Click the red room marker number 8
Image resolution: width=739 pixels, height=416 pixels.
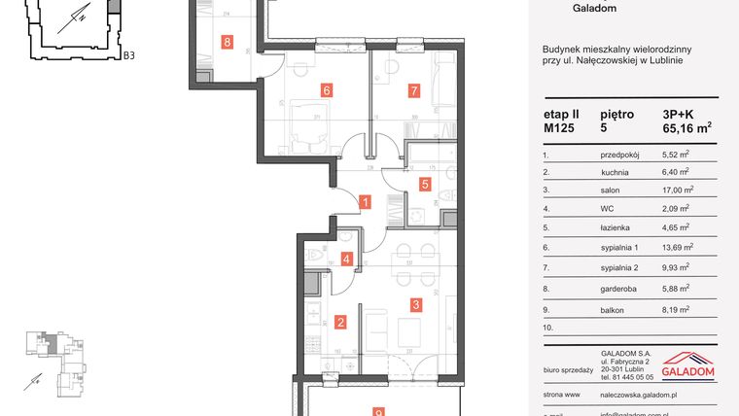click(x=228, y=42)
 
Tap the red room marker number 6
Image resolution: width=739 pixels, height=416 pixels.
click(x=327, y=91)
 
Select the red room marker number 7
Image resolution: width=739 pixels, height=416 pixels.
click(x=413, y=91)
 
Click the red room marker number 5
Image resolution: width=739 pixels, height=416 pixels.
click(x=425, y=183)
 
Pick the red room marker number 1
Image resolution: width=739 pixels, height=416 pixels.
click(x=365, y=203)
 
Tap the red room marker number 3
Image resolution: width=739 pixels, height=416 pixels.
click(x=416, y=305)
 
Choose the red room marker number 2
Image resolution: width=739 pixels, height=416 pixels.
click(x=340, y=323)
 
